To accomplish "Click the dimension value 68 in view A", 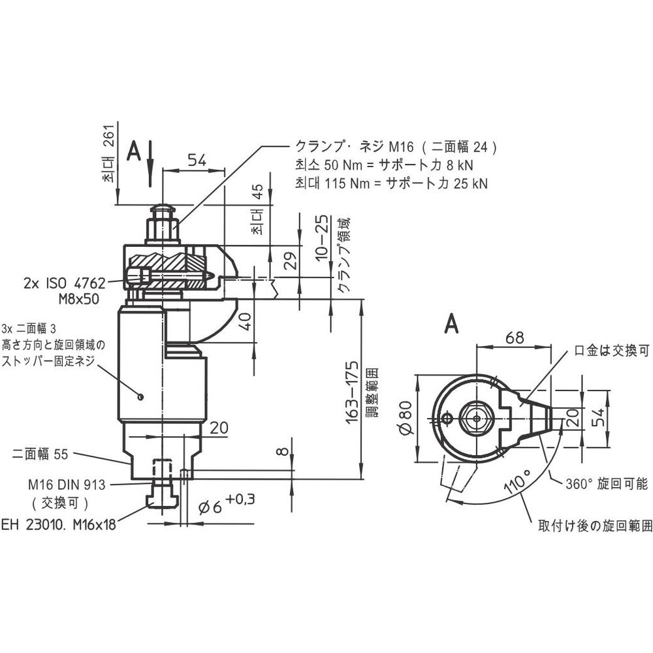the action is [515, 338].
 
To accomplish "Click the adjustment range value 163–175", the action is [353, 392].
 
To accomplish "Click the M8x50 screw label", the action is [79, 299].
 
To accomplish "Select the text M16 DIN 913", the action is [67, 485].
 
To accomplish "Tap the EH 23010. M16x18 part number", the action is [58, 525].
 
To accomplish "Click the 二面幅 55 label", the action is [40, 454].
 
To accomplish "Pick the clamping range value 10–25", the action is [321, 238].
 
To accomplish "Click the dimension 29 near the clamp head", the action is [292, 261].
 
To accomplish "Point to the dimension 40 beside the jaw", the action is [246, 321].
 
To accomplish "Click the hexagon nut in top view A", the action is [477, 418].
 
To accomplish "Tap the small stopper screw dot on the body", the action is [141, 397].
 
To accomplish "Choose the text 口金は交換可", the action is [612, 351].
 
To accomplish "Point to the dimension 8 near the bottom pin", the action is [283, 451].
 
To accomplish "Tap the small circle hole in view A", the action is [447, 418].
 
